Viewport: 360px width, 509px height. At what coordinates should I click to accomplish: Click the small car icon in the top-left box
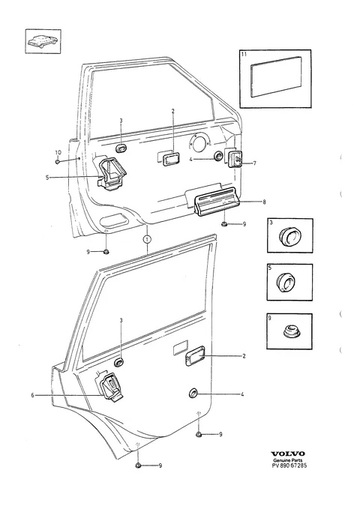[x=43, y=41]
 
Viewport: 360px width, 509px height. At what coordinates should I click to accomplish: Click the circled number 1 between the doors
[x=147, y=240]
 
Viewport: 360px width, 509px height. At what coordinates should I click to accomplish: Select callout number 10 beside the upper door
[x=58, y=152]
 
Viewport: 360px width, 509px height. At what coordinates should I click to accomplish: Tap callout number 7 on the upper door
[x=254, y=163]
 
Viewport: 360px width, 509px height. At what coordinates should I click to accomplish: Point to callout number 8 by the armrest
[x=264, y=202]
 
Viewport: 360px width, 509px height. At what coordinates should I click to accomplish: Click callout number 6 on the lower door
[x=32, y=395]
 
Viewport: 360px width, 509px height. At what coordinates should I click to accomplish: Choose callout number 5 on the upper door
[x=47, y=178]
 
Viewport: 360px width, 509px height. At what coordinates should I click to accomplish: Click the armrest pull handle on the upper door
[x=215, y=202]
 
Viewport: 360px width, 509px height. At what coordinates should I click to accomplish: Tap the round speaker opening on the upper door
[x=198, y=143]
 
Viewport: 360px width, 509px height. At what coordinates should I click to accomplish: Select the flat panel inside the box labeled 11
[x=276, y=77]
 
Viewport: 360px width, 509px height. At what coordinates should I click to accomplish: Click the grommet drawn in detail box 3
[x=289, y=236]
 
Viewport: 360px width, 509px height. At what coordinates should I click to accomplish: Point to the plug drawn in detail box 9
[x=289, y=333]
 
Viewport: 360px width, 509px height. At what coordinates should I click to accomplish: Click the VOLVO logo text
[x=288, y=454]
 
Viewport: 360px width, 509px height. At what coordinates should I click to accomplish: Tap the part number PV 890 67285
[x=289, y=466]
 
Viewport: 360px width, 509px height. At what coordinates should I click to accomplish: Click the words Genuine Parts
[x=288, y=460]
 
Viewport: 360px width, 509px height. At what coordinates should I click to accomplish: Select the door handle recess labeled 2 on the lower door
[x=195, y=356]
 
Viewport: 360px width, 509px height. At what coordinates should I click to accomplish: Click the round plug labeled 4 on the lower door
[x=193, y=394]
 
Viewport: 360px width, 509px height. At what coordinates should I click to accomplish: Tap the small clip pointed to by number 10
[x=58, y=161]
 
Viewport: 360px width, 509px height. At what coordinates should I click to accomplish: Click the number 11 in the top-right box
[x=244, y=54]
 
